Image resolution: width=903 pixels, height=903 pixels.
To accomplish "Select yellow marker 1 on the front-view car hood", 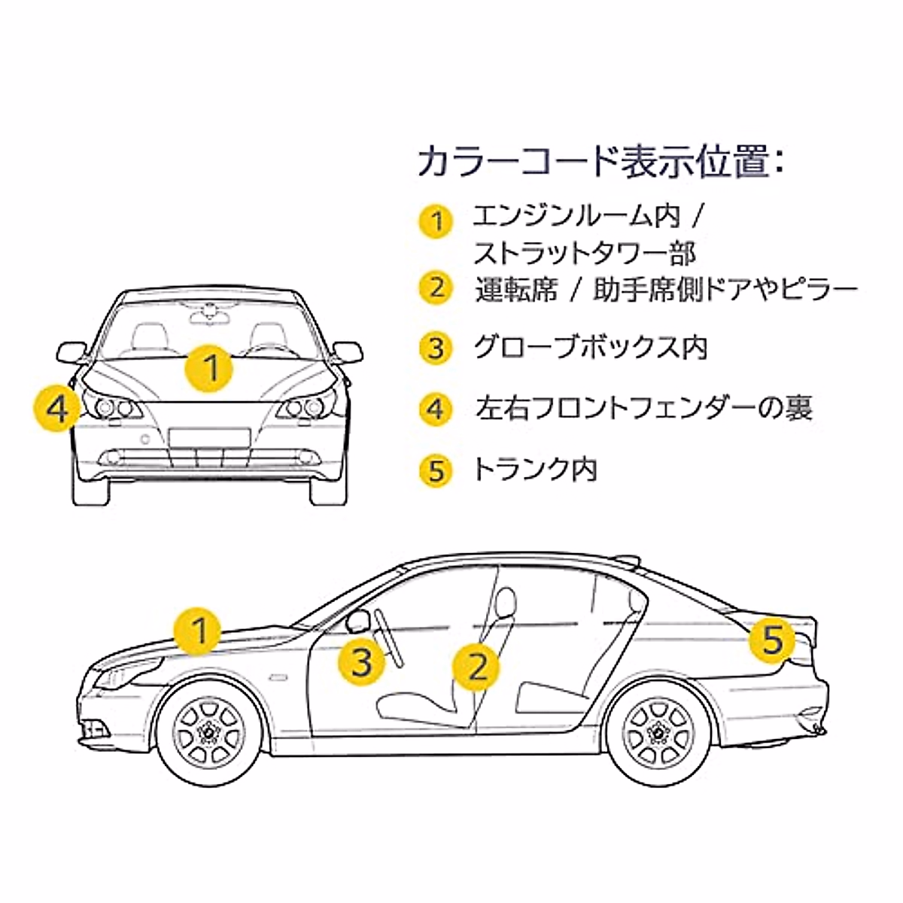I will tap(211, 369).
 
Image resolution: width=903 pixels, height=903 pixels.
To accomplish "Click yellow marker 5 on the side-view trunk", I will tap(773, 641).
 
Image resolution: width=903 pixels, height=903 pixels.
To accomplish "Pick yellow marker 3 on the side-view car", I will tap(363, 662).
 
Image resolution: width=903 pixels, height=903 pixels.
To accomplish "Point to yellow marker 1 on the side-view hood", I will tap(199, 631).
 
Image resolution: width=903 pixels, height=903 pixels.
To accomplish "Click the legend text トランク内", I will tap(535, 470).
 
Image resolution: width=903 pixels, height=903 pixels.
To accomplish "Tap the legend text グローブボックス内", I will tap(591, 348).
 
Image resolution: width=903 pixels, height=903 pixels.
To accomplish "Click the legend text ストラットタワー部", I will tap(585, 253).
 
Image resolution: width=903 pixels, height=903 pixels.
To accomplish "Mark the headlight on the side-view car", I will tap(128, 672).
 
